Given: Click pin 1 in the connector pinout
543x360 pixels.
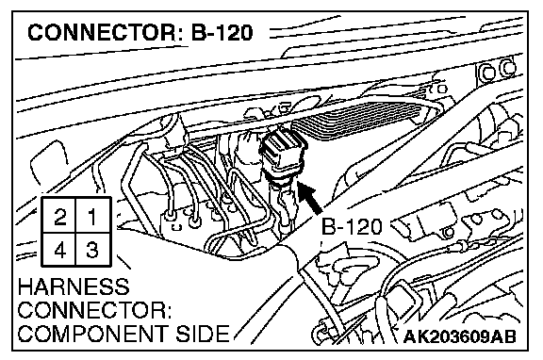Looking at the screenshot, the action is pyautogui.click(x=92, y=217).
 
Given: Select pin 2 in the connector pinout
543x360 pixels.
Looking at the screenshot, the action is pyautogui.click(x=59, y=217).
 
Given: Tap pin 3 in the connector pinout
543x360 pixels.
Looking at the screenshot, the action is pyautogui.click(x=92, y=250).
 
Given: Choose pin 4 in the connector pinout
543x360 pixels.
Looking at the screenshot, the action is pyautogui.click(x=59, y=250).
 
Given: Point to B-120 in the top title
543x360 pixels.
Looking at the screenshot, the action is pyautogui.click(x=222, y=33).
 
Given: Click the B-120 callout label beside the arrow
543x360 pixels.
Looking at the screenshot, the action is pyautogui.click(x=352, y=227).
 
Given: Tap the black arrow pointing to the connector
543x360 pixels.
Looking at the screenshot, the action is pyautogui.click(x=310, y=198).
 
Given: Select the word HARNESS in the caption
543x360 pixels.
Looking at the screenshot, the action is pyautogui.click(x=74, y=286).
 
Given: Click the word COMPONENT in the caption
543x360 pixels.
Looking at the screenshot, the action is pyautogui.click(x=91, y=334).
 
